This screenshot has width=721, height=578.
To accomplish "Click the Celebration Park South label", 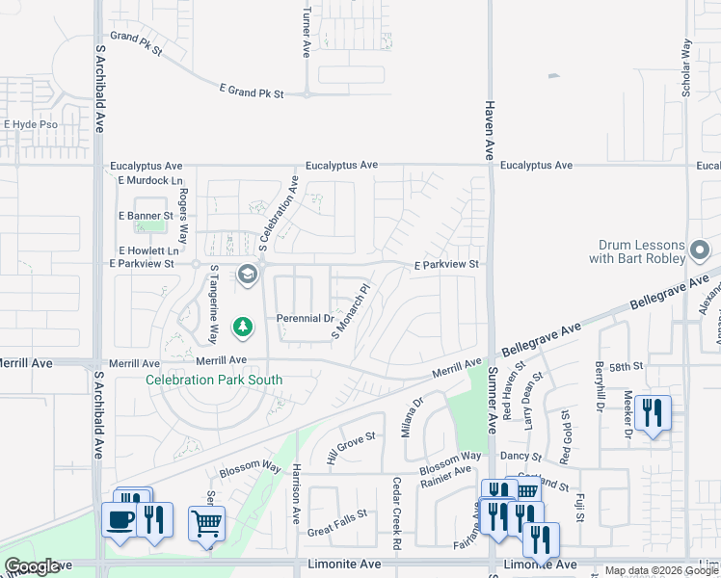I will (x=214, y=380).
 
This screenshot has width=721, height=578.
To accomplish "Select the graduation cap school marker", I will (x=247, y=276).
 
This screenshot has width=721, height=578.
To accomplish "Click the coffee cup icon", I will (x=120, y=519).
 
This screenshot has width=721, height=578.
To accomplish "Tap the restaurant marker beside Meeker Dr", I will (x=653, y=413).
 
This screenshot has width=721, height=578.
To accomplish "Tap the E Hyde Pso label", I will (x=31, y=124).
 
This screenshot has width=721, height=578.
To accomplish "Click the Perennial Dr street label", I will (x=305, y=318).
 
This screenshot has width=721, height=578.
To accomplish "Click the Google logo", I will (x=33, y=566).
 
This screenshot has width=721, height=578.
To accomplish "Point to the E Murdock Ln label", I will (x=149, y=180).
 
